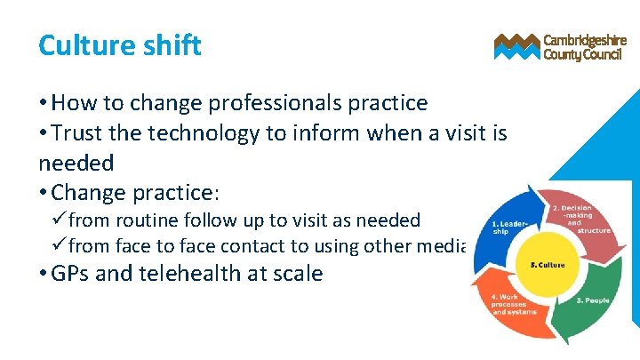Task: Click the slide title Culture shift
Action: pos(120,44)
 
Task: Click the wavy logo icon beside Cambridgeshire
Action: pos(516,46)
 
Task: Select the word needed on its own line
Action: pos(76,163)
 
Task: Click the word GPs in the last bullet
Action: pos(70,273)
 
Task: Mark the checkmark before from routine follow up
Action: pos(60,220)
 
